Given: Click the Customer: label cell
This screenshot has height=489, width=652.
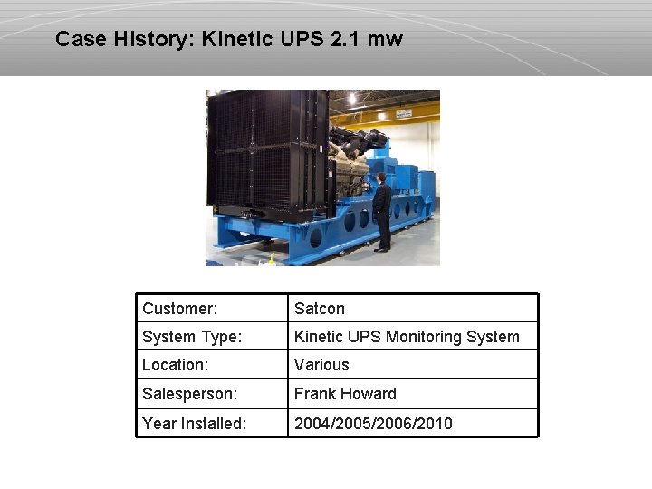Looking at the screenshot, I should [179, 309].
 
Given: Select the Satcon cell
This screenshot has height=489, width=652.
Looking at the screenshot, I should [319, 309].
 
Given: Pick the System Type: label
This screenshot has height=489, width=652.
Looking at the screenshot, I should [192, 337].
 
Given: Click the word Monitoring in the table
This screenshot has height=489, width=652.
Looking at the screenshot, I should [424, 337].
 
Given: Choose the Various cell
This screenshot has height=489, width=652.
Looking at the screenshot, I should [321, 365].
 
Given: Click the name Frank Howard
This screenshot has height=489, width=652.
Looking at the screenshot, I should [345, 394].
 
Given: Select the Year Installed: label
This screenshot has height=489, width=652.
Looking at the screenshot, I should [194, 423].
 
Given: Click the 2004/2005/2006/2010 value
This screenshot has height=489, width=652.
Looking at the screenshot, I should [373, 423].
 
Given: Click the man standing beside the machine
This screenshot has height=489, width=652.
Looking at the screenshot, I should [382, 212].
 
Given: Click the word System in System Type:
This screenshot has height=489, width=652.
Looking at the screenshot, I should [168, 337].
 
